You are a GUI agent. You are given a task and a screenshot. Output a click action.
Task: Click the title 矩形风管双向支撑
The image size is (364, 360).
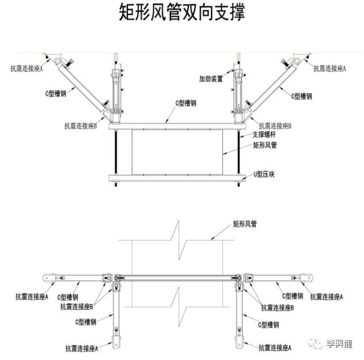181,12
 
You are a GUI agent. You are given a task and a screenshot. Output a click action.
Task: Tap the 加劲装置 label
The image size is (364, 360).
211,78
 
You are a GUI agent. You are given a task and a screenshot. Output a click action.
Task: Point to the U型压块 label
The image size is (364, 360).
264,173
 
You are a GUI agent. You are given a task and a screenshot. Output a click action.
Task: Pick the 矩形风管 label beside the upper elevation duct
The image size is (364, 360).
265,145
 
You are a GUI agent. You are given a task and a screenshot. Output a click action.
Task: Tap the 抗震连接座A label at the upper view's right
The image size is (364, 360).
329,68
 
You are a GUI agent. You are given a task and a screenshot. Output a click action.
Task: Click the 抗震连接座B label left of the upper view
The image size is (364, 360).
84,125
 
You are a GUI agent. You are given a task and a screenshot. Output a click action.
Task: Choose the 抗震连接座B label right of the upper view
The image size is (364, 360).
275,125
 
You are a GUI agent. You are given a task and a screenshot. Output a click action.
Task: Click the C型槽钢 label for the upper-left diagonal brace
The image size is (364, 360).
55,93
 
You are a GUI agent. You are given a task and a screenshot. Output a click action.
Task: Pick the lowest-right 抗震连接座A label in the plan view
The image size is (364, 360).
275,348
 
